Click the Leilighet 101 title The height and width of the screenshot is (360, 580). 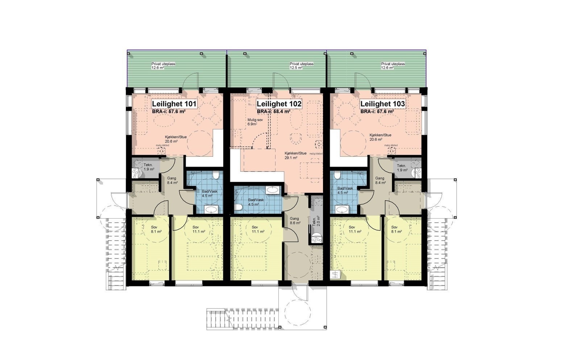pos(174,104)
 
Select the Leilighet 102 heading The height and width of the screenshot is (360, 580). pos(279,104)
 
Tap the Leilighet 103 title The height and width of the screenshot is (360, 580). pos(382,104)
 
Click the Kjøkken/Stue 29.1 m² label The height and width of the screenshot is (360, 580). pos(295,156)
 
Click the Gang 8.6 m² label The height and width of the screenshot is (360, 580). pos(295,221)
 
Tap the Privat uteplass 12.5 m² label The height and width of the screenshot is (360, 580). pos(301,66)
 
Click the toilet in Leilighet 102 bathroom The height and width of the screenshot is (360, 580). pos(238,207)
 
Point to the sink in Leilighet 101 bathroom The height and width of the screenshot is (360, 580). pos(211,209)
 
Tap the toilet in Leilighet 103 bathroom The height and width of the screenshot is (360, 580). pos(337,176)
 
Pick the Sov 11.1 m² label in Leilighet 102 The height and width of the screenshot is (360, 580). pos(258,229)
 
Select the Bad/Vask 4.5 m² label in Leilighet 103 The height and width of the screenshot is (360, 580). pos(345,190)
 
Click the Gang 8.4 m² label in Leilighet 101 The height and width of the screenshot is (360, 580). pos(172,180)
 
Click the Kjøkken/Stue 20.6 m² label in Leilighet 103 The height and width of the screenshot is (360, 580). pos(380,137)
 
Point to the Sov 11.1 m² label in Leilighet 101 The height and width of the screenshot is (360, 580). pos(199,229)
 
